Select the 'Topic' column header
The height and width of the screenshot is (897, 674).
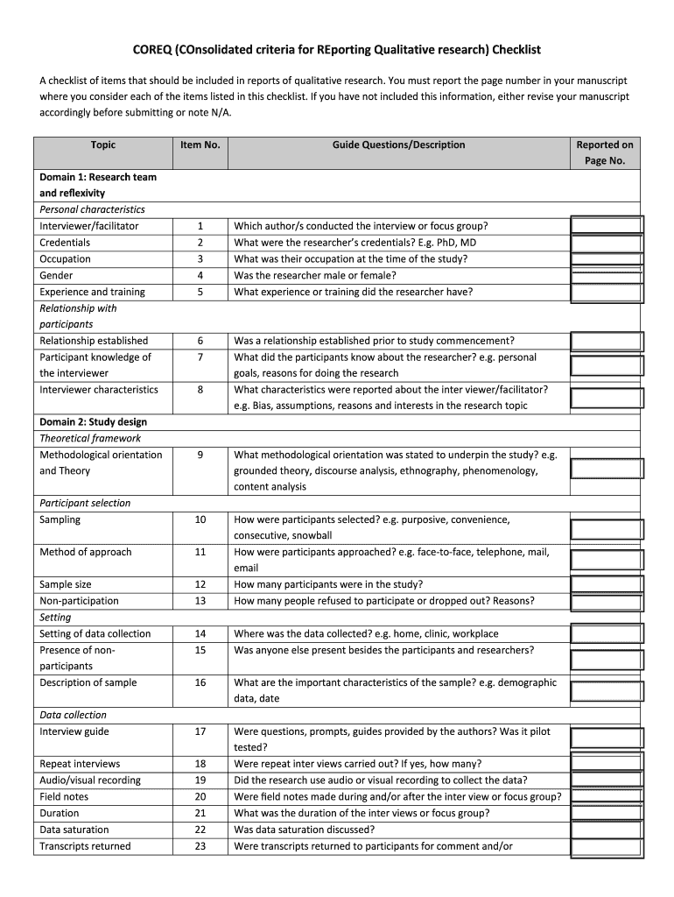102,145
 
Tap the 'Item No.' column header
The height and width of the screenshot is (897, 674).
200,145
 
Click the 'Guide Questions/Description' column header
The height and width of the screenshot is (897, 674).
398,145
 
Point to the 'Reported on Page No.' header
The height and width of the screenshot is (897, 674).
605,152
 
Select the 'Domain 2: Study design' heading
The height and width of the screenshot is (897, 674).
93,422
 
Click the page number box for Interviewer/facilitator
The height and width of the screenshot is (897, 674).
607,226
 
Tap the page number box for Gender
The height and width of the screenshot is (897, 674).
607,276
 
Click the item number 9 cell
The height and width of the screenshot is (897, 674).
200,455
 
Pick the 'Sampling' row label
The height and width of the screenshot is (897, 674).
60,519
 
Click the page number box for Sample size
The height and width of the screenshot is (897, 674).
607,585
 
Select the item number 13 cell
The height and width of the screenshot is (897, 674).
200,601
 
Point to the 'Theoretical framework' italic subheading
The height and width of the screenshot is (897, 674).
90,438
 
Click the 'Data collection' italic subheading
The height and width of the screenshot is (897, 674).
74,715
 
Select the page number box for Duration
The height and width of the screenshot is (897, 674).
607,814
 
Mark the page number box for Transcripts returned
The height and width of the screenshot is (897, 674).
607,846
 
